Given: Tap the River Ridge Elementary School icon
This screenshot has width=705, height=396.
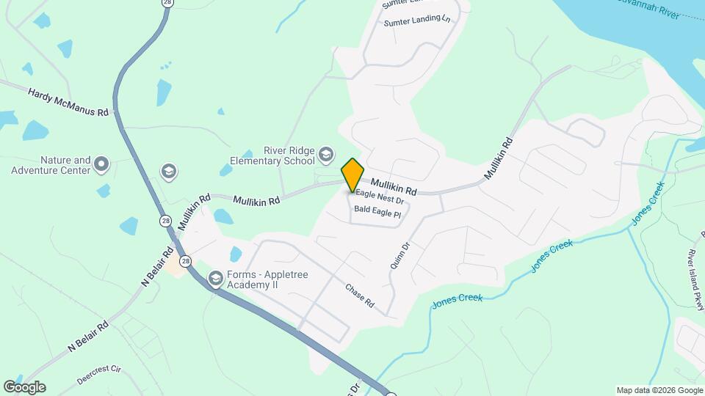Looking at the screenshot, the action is click(x=326, y=155).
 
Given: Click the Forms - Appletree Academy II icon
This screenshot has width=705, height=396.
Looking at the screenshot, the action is click(x=215, y=279).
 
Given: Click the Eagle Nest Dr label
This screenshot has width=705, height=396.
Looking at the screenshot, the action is click(x=380, y=199).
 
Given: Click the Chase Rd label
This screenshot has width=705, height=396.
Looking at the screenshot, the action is click(x=360, y=295).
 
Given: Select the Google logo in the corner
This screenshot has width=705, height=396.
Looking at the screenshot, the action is click(x=24, y=387).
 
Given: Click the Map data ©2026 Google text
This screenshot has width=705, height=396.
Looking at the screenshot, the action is click(x=659, y=390).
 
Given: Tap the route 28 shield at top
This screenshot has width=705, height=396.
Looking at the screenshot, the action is click(x=167, y=3).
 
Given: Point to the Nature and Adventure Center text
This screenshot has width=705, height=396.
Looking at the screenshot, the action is click(x=51, y=165).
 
